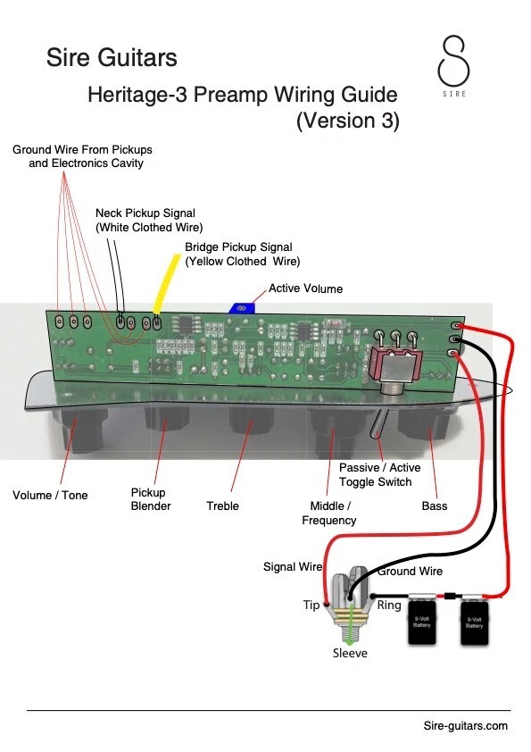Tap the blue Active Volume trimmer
pyautogui.click(x=242, y=308)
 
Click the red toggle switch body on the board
pyautogui.click(x=396, y=368)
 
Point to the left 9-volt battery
pyautogui.click(x=422, y=620)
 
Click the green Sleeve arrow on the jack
pyautogui.click(x=352, y=623)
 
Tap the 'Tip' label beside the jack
pyautogui.click(x=311, y=606)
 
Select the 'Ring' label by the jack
pyautogui.click(x=389, y=606)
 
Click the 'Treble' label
pyautogui.click(x=222, y=506)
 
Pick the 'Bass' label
pyautogui.click(x=435, y=506)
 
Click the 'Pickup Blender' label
pyautogui.click(x=151, y=499)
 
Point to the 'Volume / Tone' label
pyautogui.click(x=50, y=496)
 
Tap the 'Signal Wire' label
pyautogui.click(x=293, y=567)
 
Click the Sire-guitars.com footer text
pyautogui.click(x=465, y=725)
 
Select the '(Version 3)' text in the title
pyautogui.click(x=347, y=121)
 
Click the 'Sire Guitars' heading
pyautogui.click(x=112, y=57)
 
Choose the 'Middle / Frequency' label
pyautogui.click(x=329, y=514)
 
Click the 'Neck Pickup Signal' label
pyautogui.click(x=145, y=213)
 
